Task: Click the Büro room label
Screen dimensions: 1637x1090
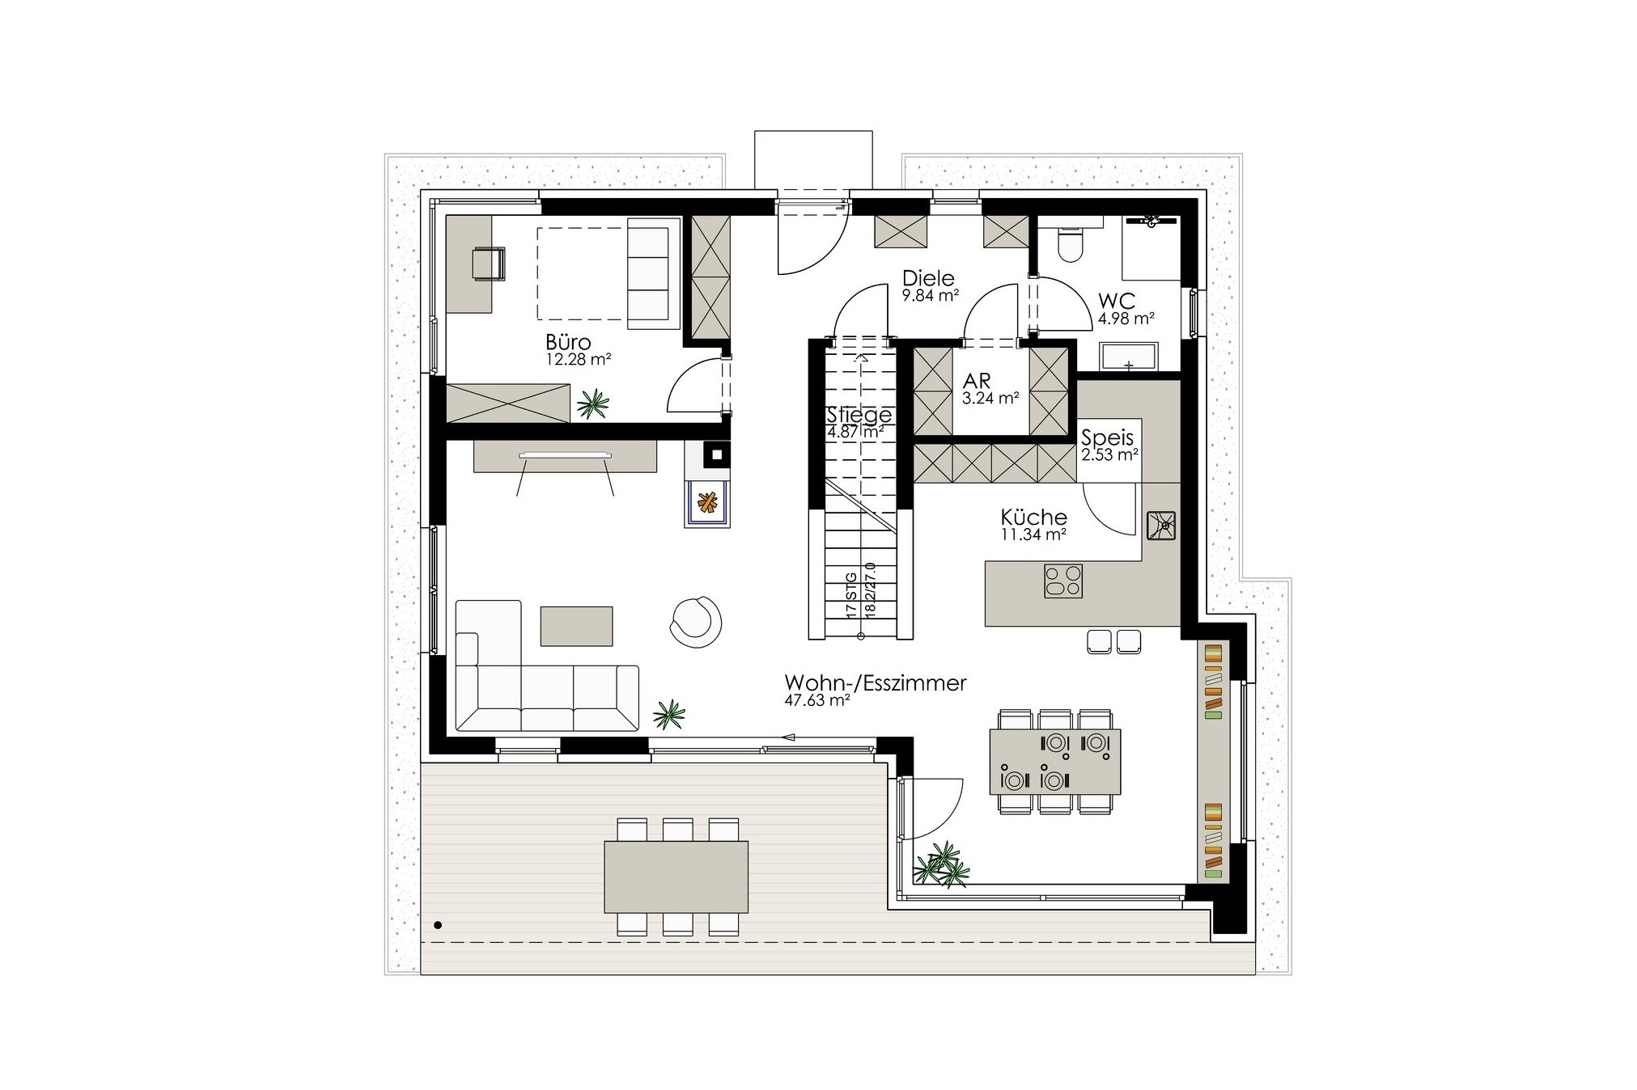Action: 568,342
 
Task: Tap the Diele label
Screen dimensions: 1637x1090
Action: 928,278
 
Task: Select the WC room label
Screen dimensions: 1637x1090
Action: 1117,301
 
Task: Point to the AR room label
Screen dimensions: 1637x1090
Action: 977,380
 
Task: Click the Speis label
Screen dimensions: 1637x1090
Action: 1108,437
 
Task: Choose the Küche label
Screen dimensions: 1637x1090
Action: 1033,517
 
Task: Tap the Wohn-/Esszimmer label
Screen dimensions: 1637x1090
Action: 876,683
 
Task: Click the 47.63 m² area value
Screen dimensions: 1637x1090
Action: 817,701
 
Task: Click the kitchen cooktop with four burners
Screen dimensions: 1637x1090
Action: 1063,581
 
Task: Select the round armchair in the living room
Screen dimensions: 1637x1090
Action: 696,622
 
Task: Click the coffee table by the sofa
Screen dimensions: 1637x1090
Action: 576,626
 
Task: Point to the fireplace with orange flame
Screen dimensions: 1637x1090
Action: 708,503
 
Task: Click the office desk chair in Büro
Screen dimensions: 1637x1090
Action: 488,264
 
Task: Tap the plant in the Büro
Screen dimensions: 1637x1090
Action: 593,403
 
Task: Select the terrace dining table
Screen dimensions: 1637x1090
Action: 676,877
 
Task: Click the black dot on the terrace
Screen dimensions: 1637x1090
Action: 438,925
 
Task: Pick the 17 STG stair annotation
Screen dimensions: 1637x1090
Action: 851,596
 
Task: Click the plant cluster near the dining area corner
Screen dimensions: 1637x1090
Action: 942,864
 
